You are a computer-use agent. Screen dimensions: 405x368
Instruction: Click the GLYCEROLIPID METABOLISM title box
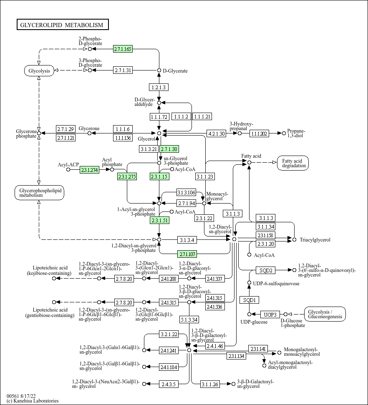point(63,25)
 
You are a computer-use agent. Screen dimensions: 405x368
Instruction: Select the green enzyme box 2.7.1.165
point(123,49)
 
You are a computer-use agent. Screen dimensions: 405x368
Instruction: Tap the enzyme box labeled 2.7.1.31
point(123,70)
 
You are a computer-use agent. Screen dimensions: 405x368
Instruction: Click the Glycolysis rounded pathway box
point(39,70)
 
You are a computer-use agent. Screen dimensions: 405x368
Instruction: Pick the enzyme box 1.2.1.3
point(159,87)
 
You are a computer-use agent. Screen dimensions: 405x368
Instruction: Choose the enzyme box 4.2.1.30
point(216,133)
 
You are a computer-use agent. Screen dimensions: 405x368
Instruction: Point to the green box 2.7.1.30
point(169,149)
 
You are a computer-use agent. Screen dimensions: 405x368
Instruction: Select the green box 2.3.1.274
point(89,170)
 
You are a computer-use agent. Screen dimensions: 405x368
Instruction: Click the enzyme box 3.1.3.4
point(187,240)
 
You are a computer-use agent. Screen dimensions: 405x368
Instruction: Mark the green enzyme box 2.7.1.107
point(187,254)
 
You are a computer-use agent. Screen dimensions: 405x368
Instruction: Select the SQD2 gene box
point(266,270)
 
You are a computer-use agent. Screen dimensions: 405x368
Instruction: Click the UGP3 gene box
point(270,314)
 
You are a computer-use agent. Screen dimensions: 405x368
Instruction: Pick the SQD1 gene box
point(250,300)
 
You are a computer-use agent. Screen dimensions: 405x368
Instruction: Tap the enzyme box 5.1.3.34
point(189,319)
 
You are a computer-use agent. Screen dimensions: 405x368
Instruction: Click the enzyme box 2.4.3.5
point(169,384)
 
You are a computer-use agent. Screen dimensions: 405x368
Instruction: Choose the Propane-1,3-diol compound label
point(296,133)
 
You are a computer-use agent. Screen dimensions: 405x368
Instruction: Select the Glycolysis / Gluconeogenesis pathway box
point(325,314)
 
